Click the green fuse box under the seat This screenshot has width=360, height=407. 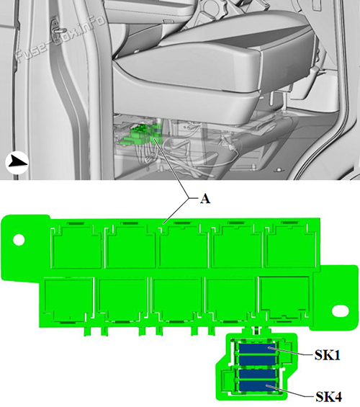tap(141, 135)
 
